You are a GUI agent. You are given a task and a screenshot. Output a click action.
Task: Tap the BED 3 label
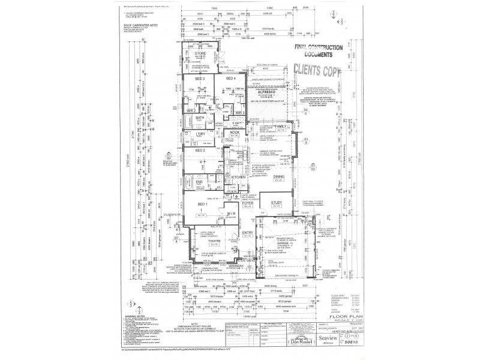(x=200, y=79)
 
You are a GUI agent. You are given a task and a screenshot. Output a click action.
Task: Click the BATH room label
(x=200, y=118)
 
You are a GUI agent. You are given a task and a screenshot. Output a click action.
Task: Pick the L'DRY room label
(x=202, y=133)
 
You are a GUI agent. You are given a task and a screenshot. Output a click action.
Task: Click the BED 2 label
(x=200, y=151)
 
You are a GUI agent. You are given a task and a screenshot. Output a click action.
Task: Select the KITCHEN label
(x=232, y=178)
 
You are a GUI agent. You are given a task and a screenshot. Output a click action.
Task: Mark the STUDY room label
(x=276, y=203)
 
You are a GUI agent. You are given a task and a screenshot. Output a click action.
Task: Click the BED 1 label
(x=202, y=205)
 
